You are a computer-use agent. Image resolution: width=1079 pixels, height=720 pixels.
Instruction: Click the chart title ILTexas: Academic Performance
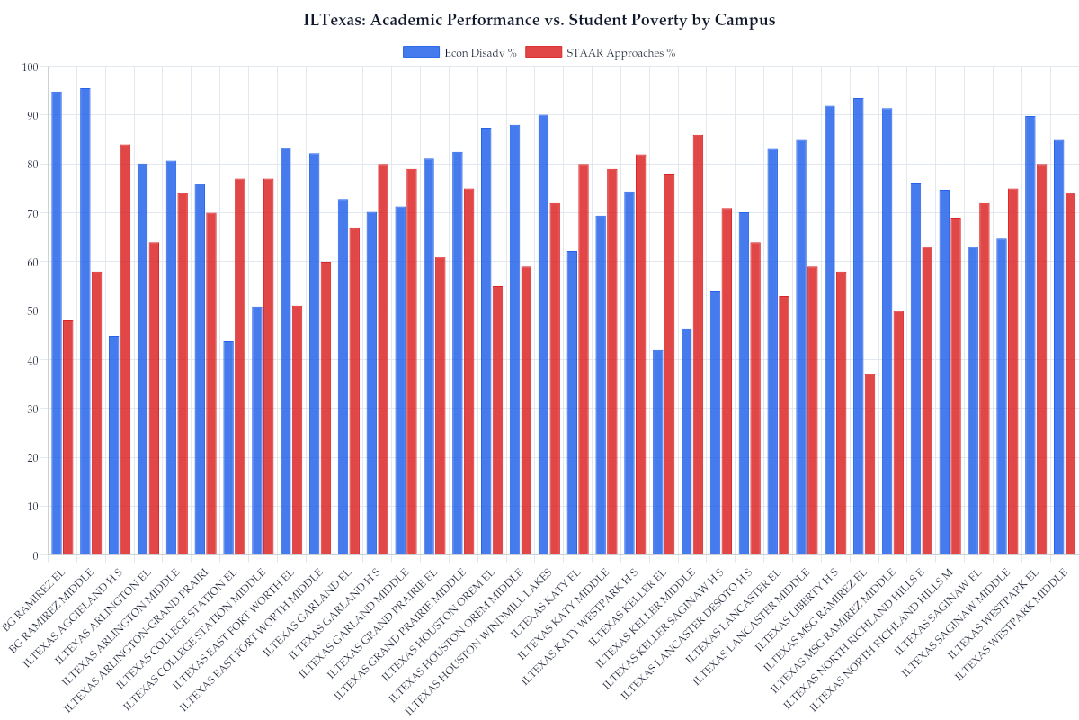[x=539, y=20]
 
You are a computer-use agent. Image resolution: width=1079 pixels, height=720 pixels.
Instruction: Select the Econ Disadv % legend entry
[x=459, y=53]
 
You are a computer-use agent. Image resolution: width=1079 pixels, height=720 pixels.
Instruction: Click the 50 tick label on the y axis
[x=33, y=311]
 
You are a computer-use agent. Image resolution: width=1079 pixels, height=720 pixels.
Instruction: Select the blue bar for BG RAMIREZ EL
[x=57, y=323]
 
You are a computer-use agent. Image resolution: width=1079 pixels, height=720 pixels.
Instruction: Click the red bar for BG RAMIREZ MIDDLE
[x=96, y=413]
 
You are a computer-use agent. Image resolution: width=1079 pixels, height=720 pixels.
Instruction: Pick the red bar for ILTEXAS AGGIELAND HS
[x=125, y=350]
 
